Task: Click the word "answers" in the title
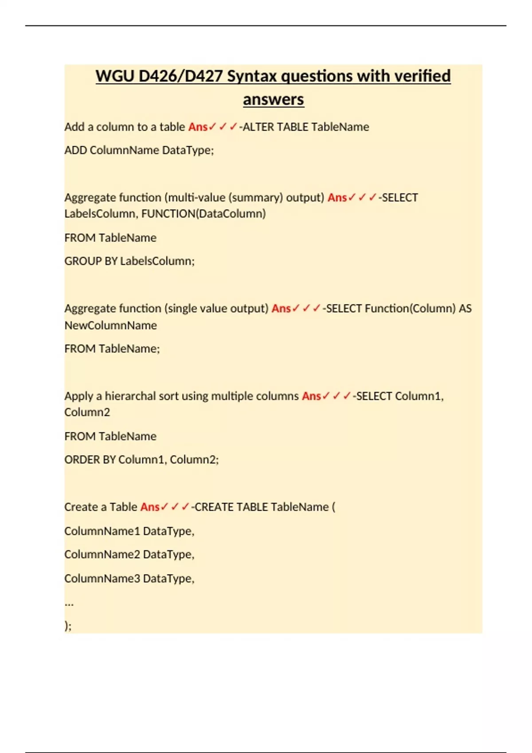click(273, 99)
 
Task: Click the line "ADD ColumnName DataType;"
click(139, 150)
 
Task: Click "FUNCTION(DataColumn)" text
click(203, 214)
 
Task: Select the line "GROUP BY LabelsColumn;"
click(129, 261)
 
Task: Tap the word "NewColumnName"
click(110, 326)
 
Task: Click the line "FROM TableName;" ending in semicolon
click(112, 349)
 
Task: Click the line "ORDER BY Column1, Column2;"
click(141, 460)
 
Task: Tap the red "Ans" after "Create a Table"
click(150, 507)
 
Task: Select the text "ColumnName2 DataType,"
click(129, 555)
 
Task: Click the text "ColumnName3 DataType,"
click(129, 578)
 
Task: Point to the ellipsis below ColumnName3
click(69, 603)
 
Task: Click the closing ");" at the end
click(68, 626)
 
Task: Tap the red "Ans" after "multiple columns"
click(311, 396)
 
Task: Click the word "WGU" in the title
click(115, 76)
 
